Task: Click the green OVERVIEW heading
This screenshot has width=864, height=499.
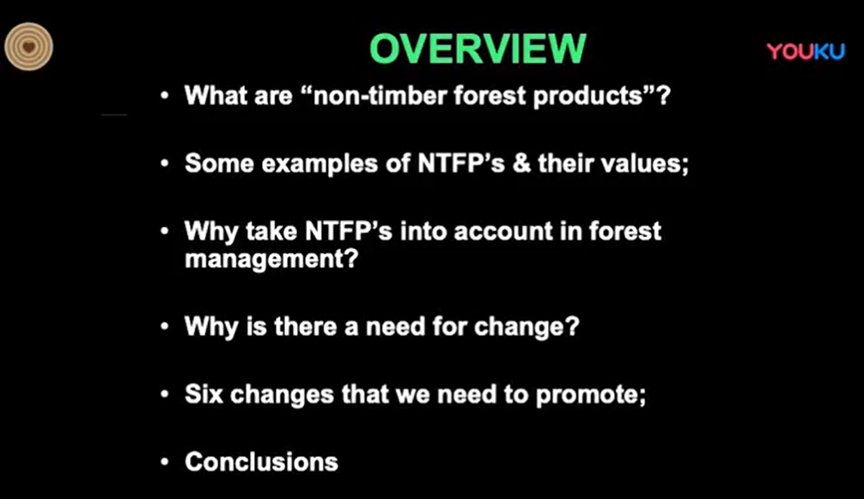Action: point(478,48)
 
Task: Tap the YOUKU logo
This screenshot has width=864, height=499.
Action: point(805,52)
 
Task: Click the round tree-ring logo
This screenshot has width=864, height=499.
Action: point(28,47)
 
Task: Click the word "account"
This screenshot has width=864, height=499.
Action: point(503,231)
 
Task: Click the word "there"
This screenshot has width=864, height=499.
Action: point(306,326)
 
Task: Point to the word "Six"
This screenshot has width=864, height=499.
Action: point(204,394)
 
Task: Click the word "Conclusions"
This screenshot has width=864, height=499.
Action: point(261,462)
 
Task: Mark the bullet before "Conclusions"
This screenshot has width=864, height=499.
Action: point(164,462)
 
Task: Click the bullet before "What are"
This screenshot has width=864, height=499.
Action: point(164,96)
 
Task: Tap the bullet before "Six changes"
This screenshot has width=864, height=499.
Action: point(164,394)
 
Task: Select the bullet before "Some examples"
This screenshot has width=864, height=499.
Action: point(164,163)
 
